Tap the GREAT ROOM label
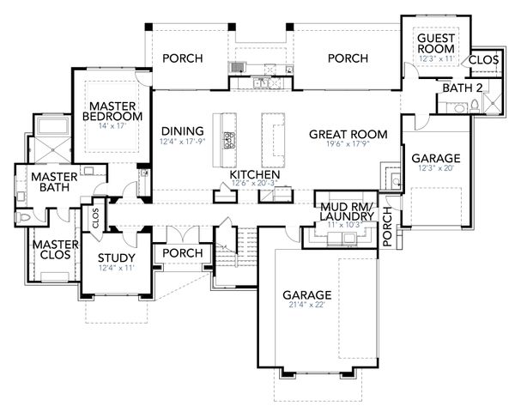(x=348, y=134)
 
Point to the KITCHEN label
(x=255, y=175)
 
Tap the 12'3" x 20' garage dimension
(x=435, y=170)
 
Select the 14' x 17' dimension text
(x=113, y=126)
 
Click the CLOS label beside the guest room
(x=483, y=59)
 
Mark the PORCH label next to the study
(x=182, y=254)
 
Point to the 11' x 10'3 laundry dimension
(x=342, y=225)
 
